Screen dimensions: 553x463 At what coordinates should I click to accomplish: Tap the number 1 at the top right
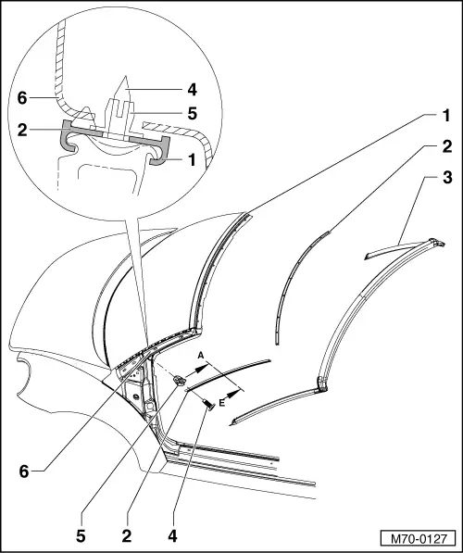445,116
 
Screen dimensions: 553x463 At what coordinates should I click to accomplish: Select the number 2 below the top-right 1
445,147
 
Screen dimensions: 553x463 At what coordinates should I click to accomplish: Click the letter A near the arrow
200,355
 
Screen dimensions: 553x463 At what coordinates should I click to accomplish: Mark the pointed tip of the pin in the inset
124,78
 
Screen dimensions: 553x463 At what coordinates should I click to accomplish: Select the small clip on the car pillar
181,380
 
